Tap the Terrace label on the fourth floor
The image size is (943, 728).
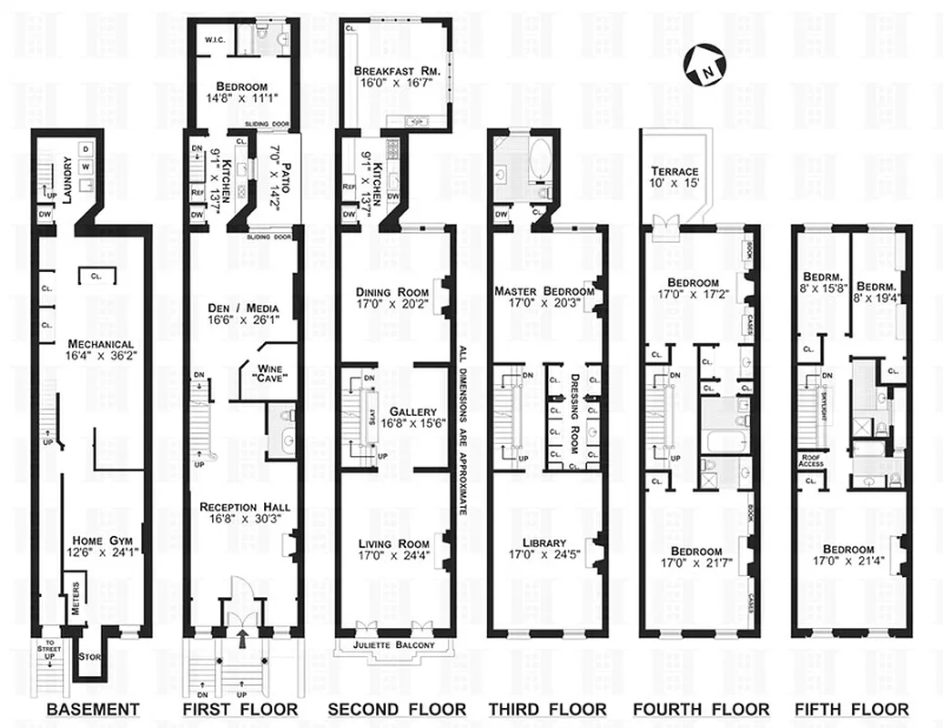pyautogui.click(x=674, y=172)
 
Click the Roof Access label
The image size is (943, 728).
pyautogui.click(x=811, y=460)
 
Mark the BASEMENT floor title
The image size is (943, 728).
pyautogui.click(x=93, y=710)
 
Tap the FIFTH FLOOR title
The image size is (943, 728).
pyautogui.click(x=850, y=710)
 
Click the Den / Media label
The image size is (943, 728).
pyautogui.click(x=243, y=309)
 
